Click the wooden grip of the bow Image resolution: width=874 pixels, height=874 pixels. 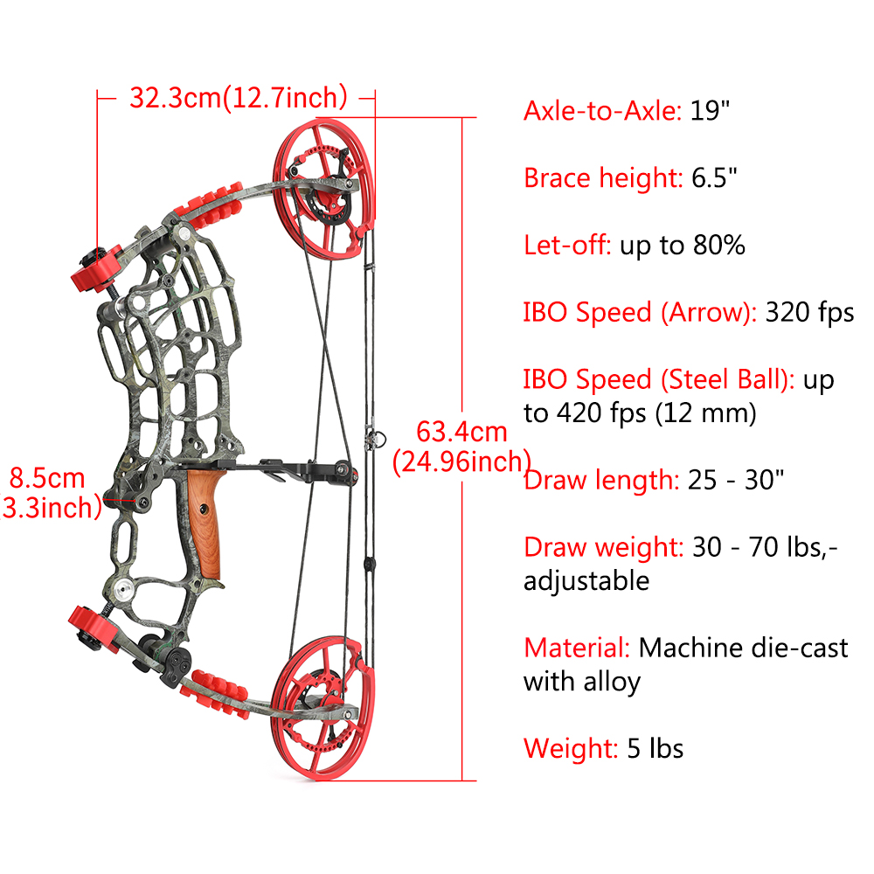205,524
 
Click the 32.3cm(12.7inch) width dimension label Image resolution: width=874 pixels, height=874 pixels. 239,98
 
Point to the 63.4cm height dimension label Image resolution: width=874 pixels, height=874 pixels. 462,432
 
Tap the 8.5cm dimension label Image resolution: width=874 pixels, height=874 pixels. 47,478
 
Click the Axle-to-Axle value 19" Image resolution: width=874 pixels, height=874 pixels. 710,111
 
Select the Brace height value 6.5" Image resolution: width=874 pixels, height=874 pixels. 714,177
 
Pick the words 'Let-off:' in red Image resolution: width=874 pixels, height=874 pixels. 567,246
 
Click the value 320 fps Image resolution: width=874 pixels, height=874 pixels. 809,313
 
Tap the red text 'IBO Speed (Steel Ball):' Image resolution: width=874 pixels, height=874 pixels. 659,379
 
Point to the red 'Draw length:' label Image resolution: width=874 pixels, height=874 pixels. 601,480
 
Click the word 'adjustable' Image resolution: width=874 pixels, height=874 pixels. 586,581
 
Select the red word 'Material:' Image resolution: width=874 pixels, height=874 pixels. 577,648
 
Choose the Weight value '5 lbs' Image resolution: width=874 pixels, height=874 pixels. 655,749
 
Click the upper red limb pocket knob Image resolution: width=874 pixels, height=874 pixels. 97,268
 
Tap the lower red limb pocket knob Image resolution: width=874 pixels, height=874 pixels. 94,629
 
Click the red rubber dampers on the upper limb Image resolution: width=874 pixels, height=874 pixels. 210,205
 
